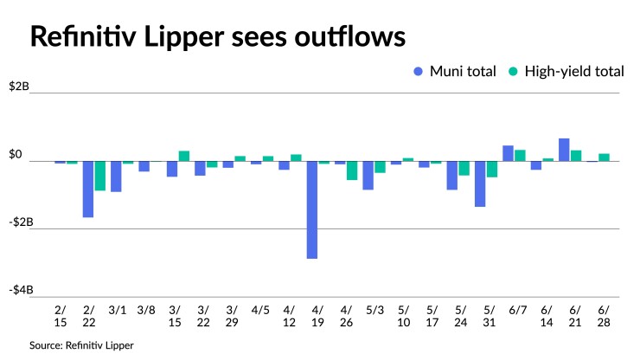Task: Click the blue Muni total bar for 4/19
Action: (x=312, y=209)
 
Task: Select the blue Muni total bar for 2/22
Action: (x=88, y=189)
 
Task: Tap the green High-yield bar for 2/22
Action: (x=100, y=176)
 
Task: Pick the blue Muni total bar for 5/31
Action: (x=480, y=183)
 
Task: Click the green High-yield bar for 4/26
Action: (x=352, y=170)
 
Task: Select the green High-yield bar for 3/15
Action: (x=184, y=156)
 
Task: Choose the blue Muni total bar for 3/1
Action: (x=116, y=177)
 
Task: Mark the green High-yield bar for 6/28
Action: (x=605, y=157)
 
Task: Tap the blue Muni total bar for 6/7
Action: (x=508, y=153)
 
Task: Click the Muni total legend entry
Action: (x=455, y=72)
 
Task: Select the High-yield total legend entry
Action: (x=567, y=72)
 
